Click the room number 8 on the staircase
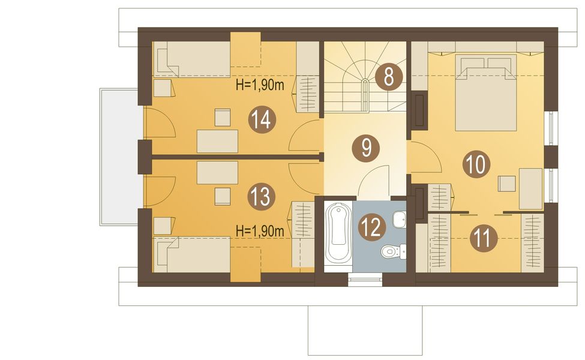388,77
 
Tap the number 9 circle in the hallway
367,148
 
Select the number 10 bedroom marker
476,164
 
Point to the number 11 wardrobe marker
484,238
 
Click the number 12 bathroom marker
372,227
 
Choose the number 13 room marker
262,196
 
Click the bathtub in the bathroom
338,234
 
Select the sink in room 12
400,219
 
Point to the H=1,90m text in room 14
260,85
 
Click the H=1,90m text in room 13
260,231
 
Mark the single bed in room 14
192,59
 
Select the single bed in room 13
192,255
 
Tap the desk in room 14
218,141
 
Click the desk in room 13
218,172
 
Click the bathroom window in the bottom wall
365,280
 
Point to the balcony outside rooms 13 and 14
121,157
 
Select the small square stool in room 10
508,183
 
